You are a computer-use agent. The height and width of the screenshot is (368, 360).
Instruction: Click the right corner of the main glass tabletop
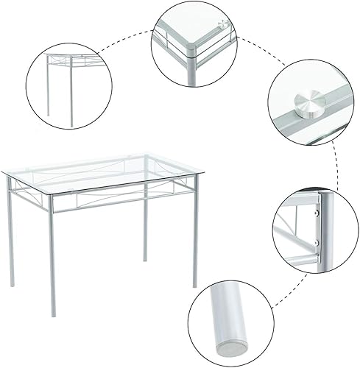pyautogui.click(x=204, y=175)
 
